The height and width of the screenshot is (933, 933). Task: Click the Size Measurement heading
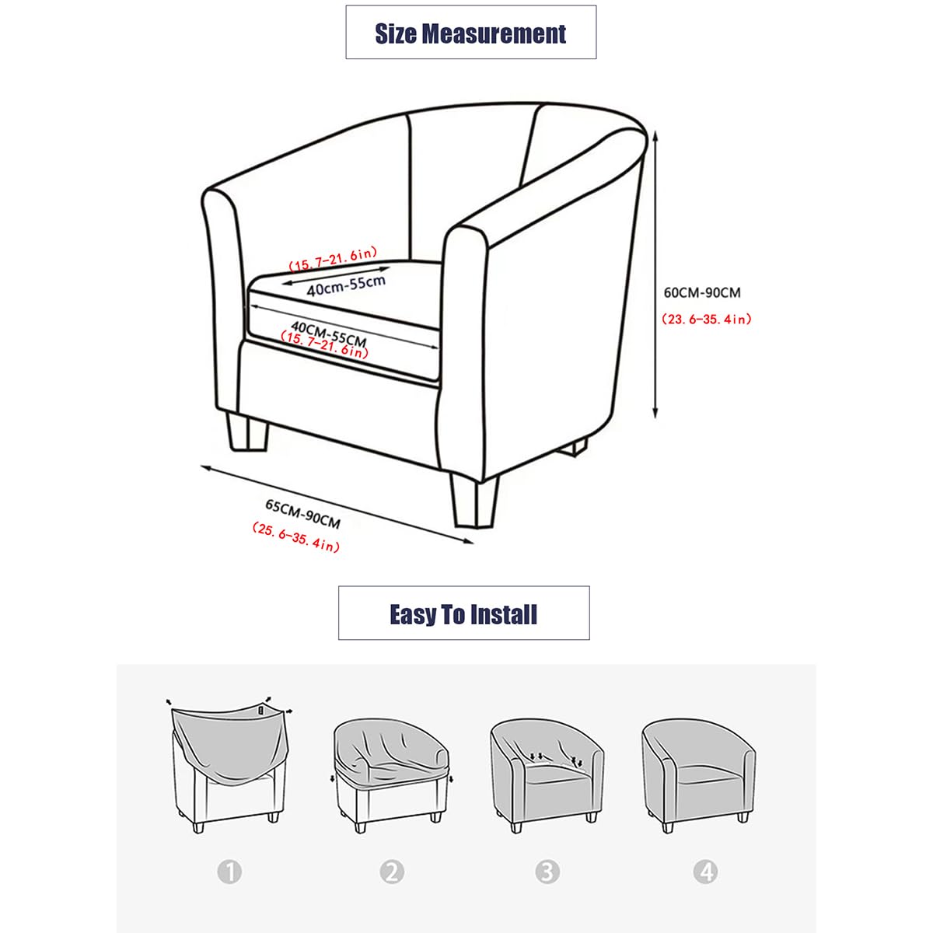(x=470, y=33)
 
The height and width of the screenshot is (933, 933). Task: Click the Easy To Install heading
(x=463, y=614)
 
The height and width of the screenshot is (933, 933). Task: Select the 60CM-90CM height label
(x=701, y=293)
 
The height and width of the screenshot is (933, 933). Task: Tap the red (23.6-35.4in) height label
(x=706, y=319)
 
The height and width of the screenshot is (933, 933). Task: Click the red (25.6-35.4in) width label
(x=295, y=537)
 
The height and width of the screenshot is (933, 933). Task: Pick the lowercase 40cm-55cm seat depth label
(x=346, y=285)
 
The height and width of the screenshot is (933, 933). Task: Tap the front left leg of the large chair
(x=247, y=432)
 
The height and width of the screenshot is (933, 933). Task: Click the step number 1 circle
(x=229, y=872)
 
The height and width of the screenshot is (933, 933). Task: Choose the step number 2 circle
(x=392, y=872)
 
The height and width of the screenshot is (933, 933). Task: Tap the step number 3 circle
(x=547, y=872)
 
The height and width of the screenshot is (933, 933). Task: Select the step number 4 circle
(x=706, y=872)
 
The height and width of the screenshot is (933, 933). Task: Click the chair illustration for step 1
(x=229, y=766)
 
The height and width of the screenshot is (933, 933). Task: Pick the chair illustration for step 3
(x=547, y=774)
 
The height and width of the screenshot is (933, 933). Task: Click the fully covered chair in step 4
(x=698, y=774)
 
